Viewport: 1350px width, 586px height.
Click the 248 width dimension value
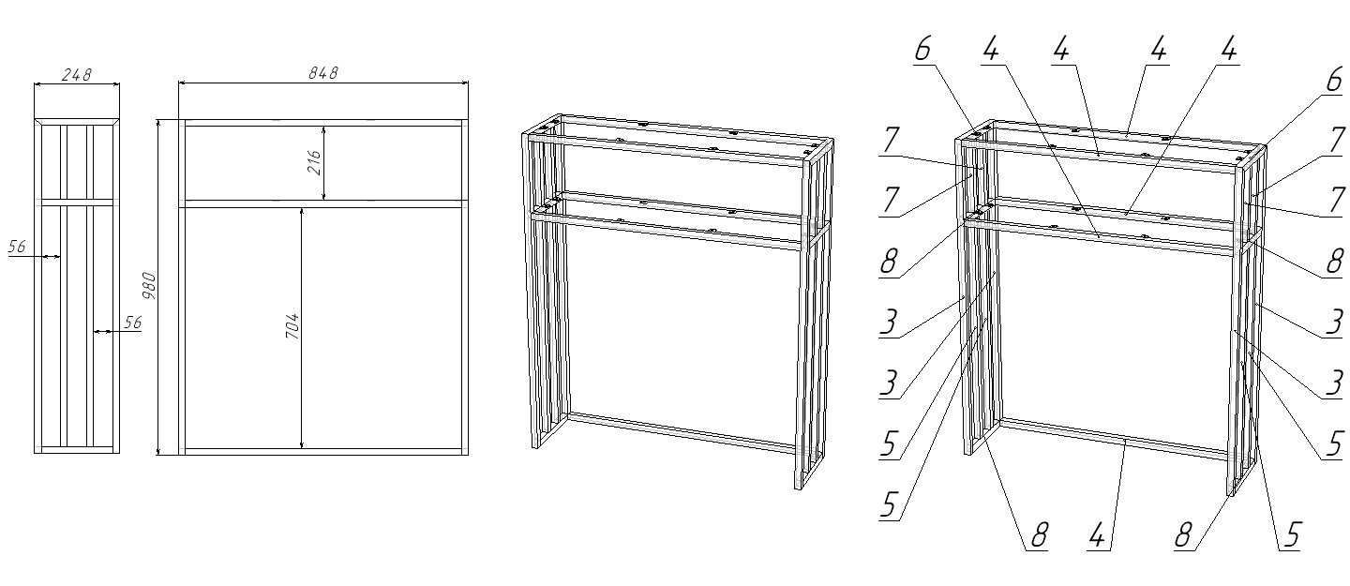77,75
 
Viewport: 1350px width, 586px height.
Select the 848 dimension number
323,73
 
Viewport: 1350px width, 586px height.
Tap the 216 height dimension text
314,163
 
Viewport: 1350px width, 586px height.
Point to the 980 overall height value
149,286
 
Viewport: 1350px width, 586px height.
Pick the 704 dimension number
292,325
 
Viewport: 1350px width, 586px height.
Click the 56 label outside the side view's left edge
17,247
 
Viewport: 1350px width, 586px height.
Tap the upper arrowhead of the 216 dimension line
324,130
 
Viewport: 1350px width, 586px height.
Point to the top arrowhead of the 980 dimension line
158,124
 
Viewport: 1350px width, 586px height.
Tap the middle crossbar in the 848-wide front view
323,203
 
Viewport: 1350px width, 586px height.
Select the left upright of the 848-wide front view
182,287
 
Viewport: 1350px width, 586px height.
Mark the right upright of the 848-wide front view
465,287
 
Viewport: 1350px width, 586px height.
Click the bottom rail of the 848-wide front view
323,452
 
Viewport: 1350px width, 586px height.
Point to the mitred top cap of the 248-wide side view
77,122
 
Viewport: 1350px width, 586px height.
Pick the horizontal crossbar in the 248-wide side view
77,203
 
